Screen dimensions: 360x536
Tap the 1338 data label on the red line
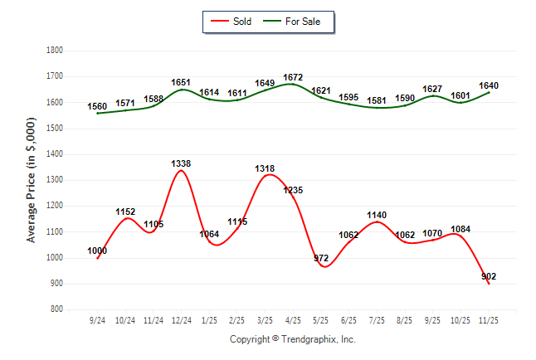click(x=181, y=163)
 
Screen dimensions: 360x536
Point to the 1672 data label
click(x=293, y=77)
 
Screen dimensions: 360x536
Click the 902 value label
click(x=489, y=276)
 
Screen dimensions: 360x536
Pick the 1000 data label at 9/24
click(x=98, y=251)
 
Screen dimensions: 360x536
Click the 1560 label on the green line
click(x=98, y=107)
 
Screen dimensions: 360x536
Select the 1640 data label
click(x=489, y=85)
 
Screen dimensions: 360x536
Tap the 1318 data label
click(x=265, y=168)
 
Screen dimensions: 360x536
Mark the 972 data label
click(x=321, y=259)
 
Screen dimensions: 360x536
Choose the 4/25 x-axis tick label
click(x=293, y=319)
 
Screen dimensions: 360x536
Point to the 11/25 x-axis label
click(x=489, y=319)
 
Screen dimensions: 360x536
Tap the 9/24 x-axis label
click(x=98, y=319)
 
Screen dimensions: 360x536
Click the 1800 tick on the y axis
click(x=56, y=51)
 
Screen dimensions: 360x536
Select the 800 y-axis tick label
click(x=58, y=309)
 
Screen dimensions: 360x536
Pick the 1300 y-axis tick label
click(x=56, y=180)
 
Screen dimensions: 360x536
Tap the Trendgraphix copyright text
click(x=292, y=339)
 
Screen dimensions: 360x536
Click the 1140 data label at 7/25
click(x=377, y=215)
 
